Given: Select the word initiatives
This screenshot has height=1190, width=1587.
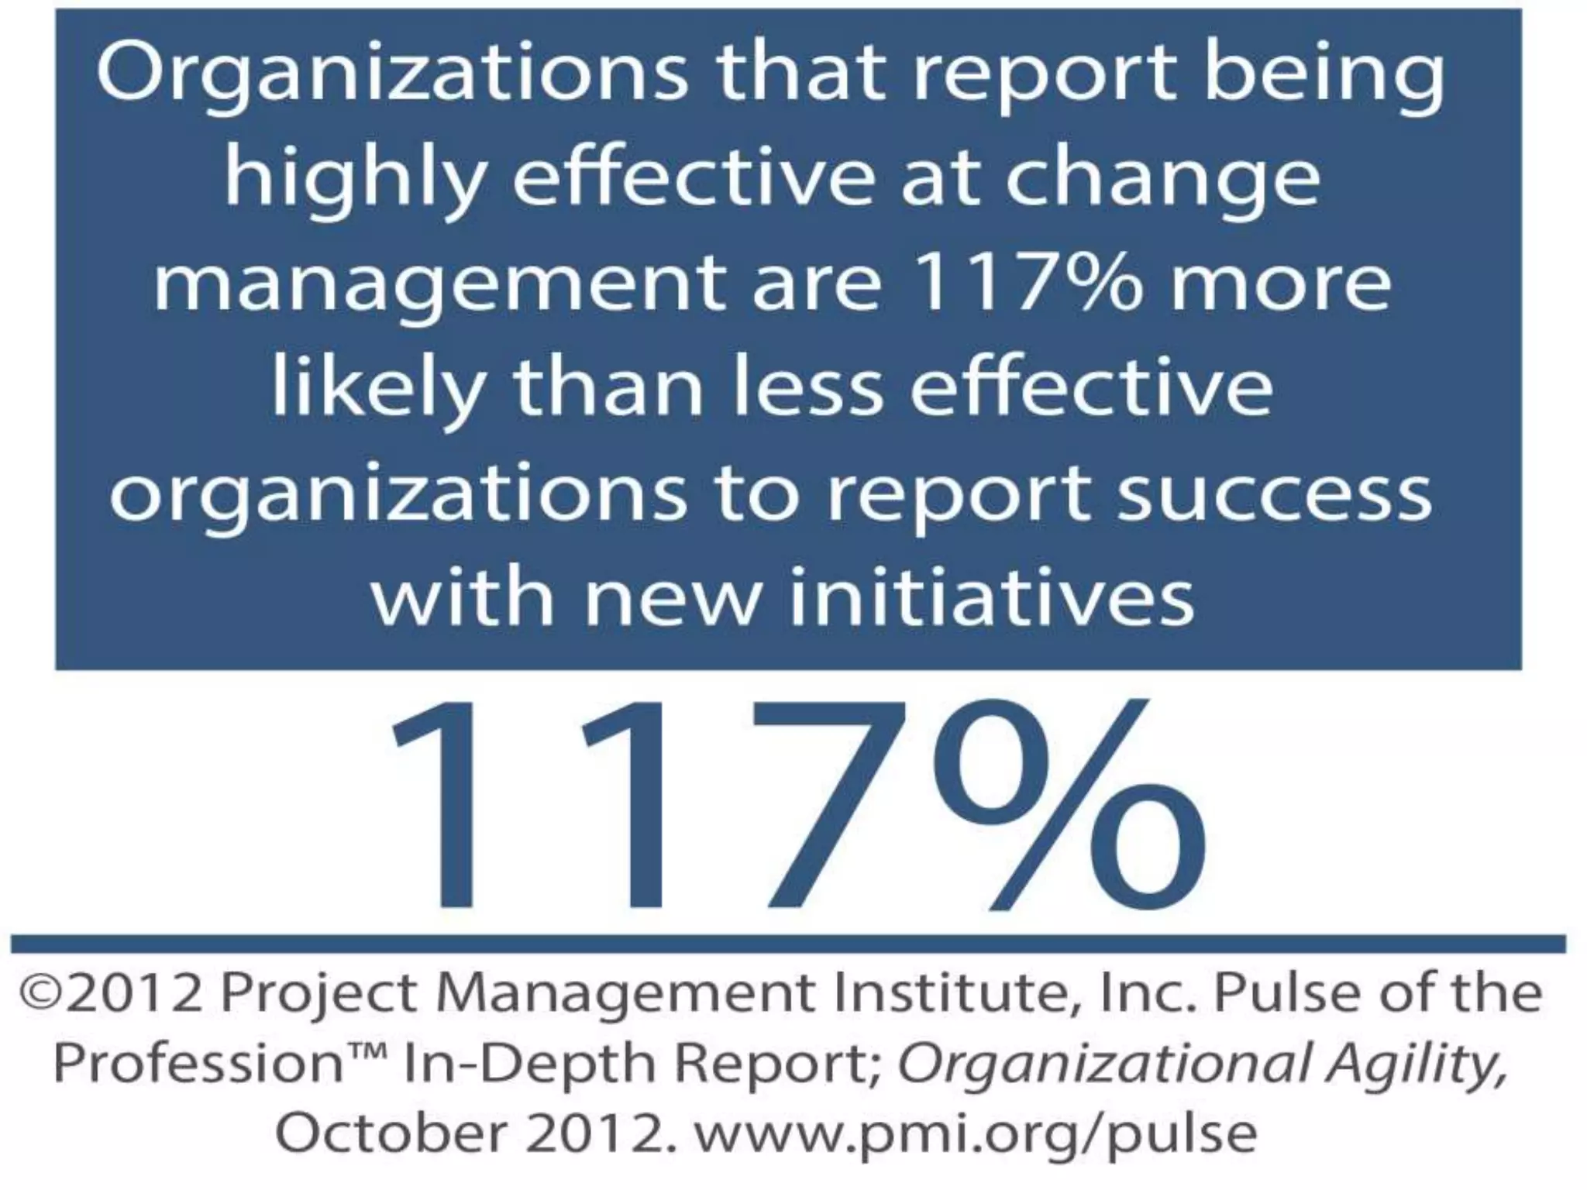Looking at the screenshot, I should pyautogui.click(x=992, y=598).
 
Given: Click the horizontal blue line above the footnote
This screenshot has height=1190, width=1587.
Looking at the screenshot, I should pyautogui.click(x=788, y=944).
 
